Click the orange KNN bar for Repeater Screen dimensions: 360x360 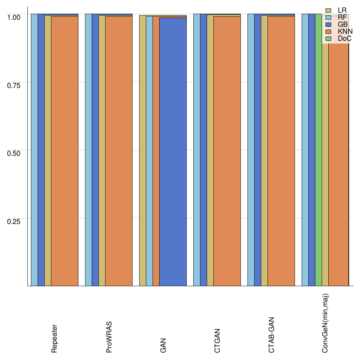(64, 151)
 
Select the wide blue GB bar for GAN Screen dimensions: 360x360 (173, 151)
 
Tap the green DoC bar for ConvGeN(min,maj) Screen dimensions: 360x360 (318, 151)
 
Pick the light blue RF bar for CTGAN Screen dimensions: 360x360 (197, 151)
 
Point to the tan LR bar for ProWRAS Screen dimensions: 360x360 (102, 151)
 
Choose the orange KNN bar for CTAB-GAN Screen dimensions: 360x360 (281, 151)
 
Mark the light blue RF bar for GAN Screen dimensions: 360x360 (149, 151)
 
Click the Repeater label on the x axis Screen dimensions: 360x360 (54, 339)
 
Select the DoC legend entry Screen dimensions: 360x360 (344, 39)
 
